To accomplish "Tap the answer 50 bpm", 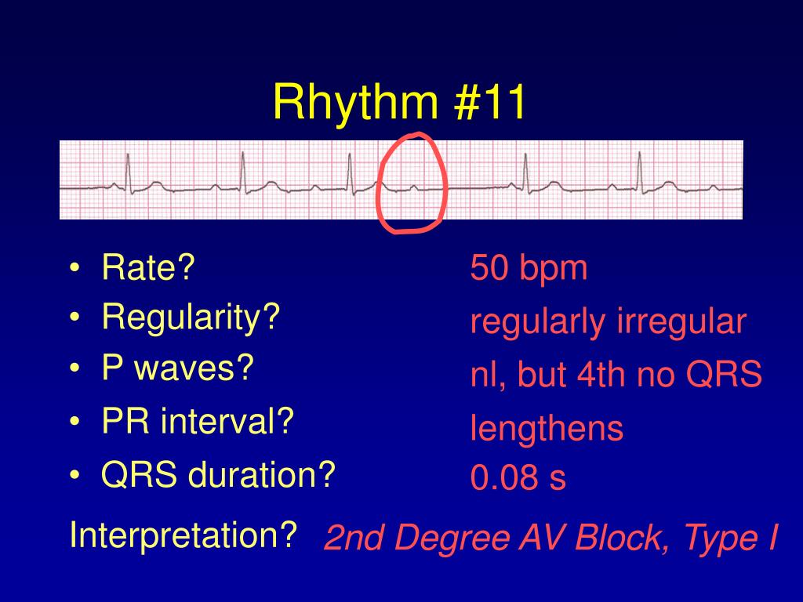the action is click(x=529, y=268).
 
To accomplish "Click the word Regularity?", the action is click(x=191, y=317).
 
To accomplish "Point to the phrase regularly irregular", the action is click(x=608, y=322).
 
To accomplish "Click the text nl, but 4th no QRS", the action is click(x=616, y=374).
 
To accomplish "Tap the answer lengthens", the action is click(x=547, y=428).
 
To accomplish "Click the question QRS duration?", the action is click(x=218, y=474).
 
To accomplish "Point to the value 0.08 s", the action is click(x=518, y=477).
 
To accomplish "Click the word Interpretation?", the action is click(x=183, y=535).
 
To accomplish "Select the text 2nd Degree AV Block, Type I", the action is click(x=551, y=537).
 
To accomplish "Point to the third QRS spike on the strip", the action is click(x=351, y=173).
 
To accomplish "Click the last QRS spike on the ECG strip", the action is click(x=640, y=172).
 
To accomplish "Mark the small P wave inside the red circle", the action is click(x=414, y=188).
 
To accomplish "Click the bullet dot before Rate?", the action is click(x=74, y=268).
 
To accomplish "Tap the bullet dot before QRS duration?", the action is click(x=74, y=475).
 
